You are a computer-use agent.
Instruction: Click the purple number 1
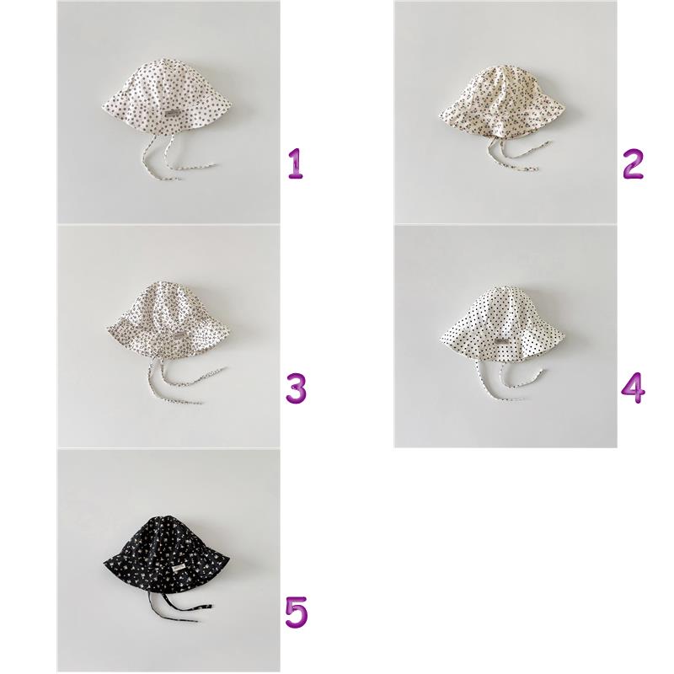tap(296, 163)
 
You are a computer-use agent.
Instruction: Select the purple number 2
tap(634, 163)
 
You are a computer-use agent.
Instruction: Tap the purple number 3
tap(297, 388)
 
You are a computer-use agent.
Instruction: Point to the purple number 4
tap(634, 388)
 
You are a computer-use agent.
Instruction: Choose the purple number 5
tap(297, 612)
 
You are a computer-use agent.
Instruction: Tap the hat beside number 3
tap(171, 318)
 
